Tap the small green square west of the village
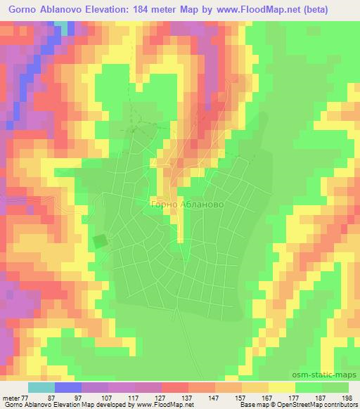(101, 241)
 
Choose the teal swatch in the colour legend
(41, 387)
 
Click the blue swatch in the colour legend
(68, 387)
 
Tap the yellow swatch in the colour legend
(282, 387)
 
